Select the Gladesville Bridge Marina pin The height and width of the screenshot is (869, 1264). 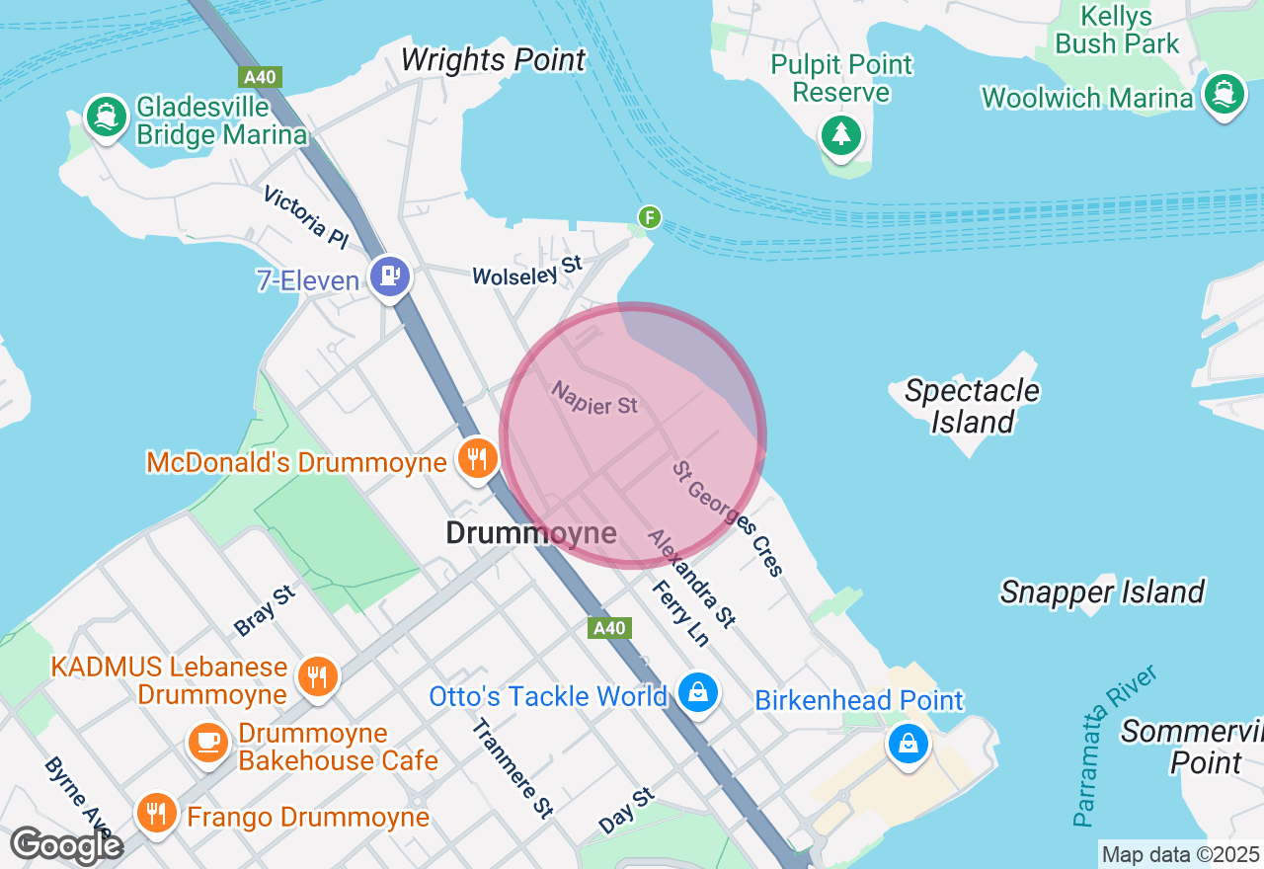(x=105, y=118)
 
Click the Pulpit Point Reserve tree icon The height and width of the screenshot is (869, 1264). (x=840, y=134)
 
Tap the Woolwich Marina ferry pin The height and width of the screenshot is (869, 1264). (x=1224, y=96)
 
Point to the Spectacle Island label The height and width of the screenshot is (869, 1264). (x=972, y=406)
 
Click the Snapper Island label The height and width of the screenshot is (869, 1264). (x=1102, y=592)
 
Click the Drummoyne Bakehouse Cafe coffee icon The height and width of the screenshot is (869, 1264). (x=207, y=743)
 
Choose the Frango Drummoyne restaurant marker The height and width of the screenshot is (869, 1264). (x=155, y=814)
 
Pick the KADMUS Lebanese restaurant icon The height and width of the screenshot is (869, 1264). (x=316, y=677)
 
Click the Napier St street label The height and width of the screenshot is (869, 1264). (x=594, y=398)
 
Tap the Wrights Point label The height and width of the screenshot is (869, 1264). (x=493, y=60)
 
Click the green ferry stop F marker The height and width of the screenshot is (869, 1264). (x=649, y=217)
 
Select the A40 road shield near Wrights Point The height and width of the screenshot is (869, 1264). (x=260, y=77)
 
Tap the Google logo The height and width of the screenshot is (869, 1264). (x=66, y=846)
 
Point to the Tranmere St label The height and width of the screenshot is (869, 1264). (x=512, y=768)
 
